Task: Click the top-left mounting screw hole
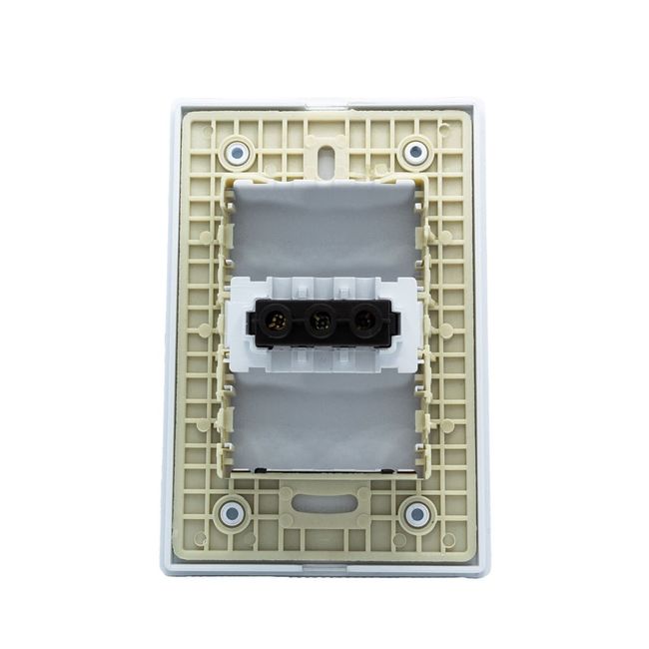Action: click(238, 153)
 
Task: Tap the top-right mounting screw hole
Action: click(414, 153)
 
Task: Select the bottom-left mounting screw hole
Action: click(232, 514)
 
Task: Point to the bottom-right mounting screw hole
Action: click(417, 514)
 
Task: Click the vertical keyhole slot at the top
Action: click(326, 162)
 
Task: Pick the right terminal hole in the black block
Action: click(365, 323)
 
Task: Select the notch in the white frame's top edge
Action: click(324, 102)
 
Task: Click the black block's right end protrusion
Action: click(395, 324)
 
